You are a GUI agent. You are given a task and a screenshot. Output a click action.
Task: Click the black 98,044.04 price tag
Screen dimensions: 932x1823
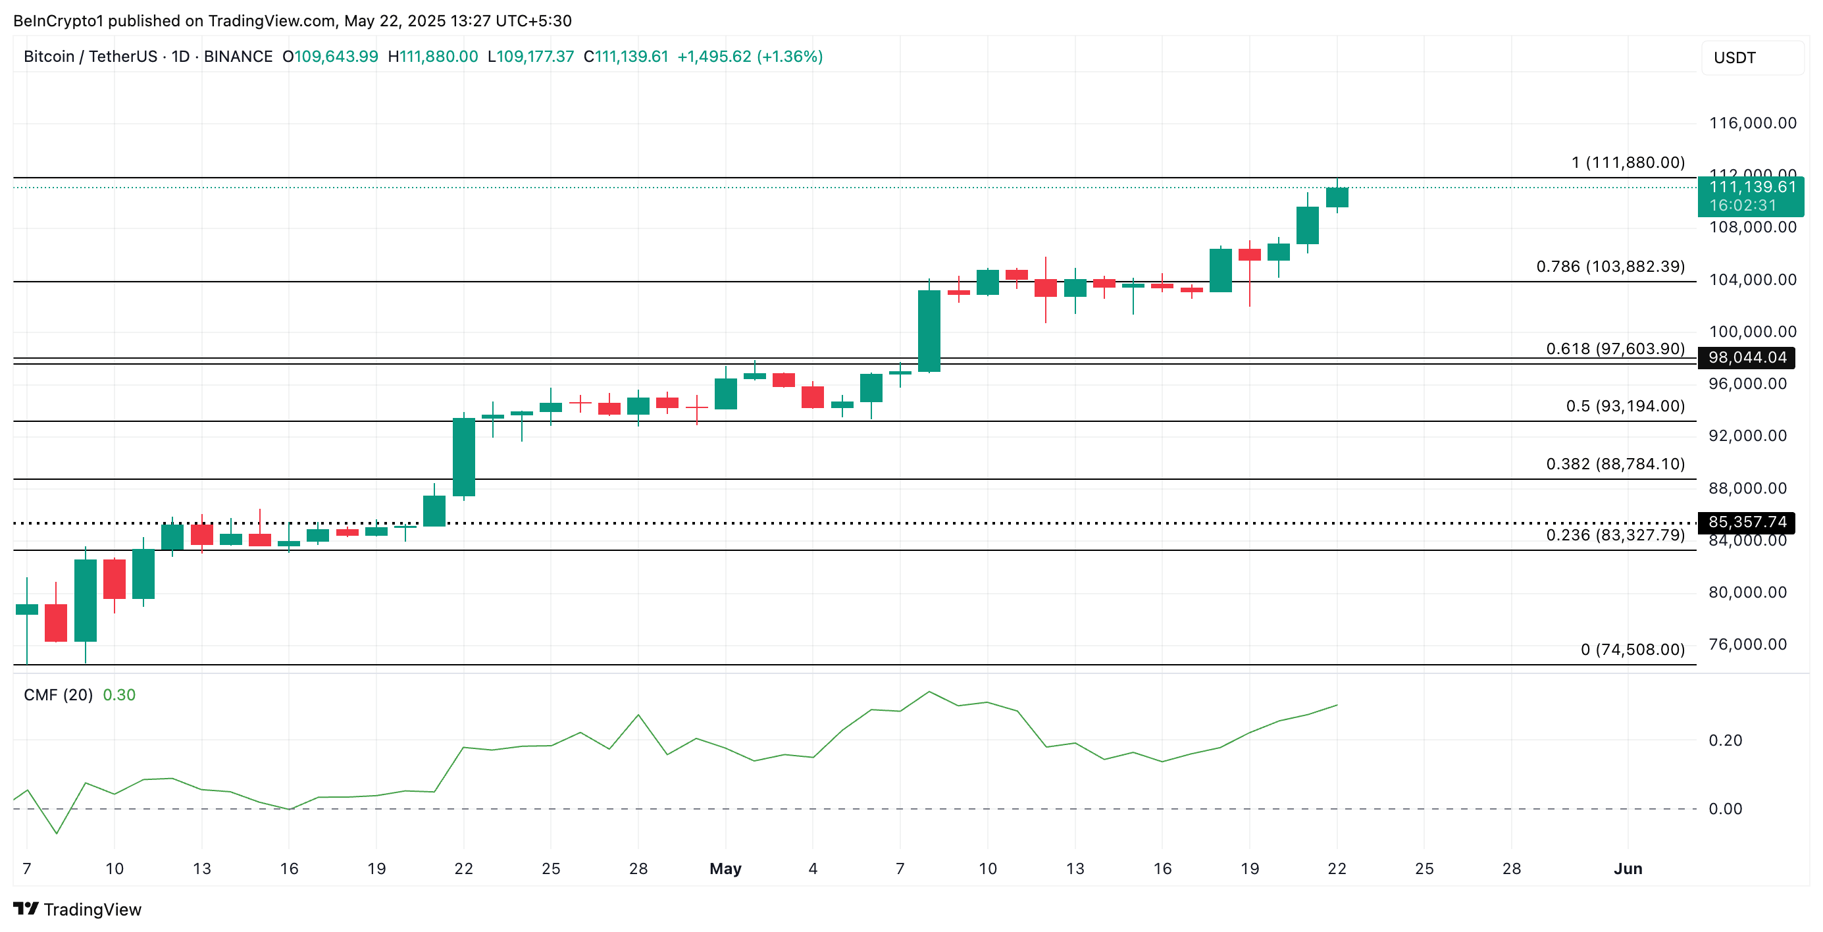click(1746, 357)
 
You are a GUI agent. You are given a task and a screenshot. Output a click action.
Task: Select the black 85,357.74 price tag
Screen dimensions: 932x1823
click(1746, 522)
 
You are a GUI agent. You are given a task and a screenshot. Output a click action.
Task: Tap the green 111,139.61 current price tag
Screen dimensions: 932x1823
click(1751, 196)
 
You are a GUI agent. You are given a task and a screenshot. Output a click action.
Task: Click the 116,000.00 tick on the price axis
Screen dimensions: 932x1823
click(1752, 123)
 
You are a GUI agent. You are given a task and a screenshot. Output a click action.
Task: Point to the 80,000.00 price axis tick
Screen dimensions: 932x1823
click(1747, 592)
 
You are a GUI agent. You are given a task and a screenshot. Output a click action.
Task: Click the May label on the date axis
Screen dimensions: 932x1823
click(725, 868)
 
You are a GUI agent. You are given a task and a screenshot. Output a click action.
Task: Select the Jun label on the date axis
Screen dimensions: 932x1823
click(1628, 868)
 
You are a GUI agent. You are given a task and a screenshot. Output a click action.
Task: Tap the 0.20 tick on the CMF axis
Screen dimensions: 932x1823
click(1725, 740)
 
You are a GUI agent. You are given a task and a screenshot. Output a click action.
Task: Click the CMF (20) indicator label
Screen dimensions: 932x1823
click(58, 695)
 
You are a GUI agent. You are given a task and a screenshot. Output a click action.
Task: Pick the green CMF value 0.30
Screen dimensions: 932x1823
click(119, 695)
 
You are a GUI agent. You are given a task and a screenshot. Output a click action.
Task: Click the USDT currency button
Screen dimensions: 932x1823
click(1735, 57)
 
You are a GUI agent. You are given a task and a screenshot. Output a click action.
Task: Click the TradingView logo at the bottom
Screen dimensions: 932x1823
click(77, 910)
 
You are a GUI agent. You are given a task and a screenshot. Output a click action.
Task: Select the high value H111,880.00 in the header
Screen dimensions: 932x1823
click(433, 57)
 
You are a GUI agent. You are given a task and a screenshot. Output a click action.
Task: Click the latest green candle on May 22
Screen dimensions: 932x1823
click(1337, 197)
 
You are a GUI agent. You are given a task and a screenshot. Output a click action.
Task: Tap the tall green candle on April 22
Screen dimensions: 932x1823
click(463, 457)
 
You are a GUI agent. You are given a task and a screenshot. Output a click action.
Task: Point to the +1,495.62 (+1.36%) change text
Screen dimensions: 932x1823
click(750, 57)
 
